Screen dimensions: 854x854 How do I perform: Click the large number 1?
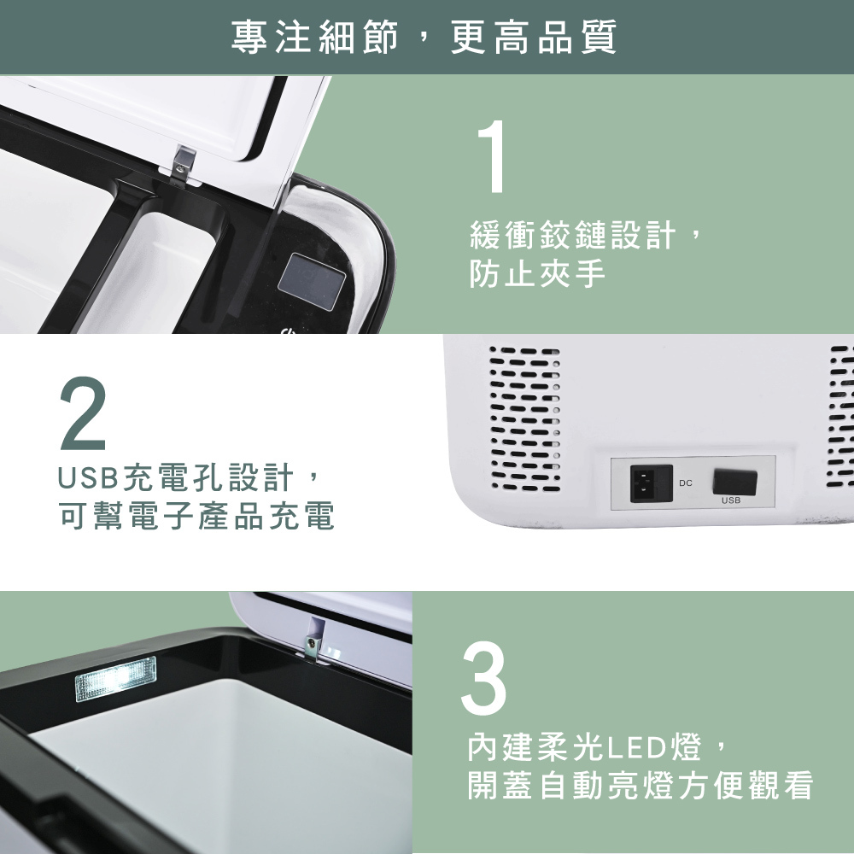point(492,157)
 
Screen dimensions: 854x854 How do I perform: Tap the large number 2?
point(82,413)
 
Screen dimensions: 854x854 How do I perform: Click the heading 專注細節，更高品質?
point(424,37)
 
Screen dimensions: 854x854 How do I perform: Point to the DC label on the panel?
point(686,483)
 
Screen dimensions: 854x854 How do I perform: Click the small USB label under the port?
point(731,500)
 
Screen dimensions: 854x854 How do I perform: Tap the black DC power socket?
point(651,483)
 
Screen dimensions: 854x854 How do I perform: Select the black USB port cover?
point(734,482)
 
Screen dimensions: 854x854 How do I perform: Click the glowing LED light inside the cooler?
point(115,679)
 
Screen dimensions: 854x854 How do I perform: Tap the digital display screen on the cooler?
point(312,281)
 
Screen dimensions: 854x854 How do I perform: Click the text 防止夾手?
point(537,273)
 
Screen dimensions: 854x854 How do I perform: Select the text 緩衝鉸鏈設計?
point(573,236)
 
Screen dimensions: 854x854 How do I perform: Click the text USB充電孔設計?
point(175,477)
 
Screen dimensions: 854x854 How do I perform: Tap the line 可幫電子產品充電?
point(196,515)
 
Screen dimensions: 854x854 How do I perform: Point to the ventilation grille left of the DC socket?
point(525,418)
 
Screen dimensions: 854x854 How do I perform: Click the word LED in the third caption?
point(637,747)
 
